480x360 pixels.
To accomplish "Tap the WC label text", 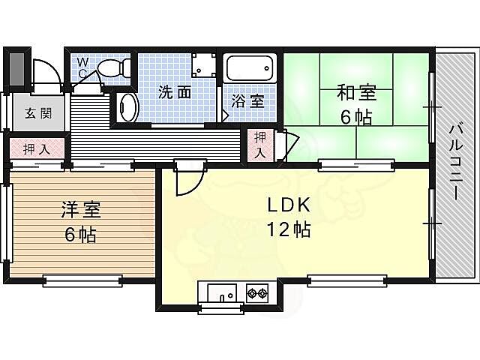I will [x=83, y=67].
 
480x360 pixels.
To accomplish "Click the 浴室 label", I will [x=247, y=101].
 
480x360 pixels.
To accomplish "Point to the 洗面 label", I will [x=174, y=93].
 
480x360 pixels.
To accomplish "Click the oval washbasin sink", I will [x=128, y=107].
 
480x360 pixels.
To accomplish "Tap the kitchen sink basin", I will [x=220, y=292].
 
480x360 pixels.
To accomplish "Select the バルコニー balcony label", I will [x=455, y=161].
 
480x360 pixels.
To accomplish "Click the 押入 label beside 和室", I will [x=259, y=144].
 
